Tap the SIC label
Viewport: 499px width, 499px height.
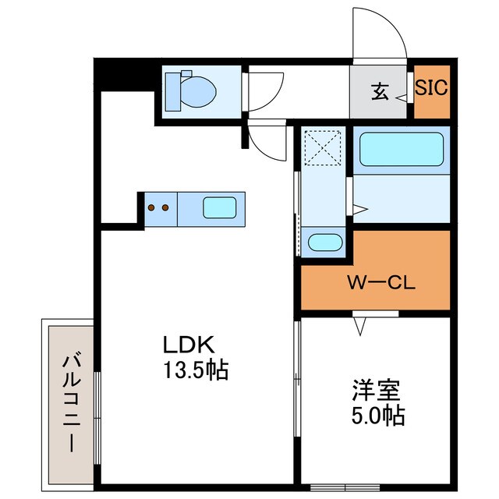click(x=430, y=87)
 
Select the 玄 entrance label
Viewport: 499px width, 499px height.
click(x=380, y=92)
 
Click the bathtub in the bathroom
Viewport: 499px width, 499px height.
click(x=401, y=148)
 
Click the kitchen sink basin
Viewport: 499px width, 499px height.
click(x=220, y=207)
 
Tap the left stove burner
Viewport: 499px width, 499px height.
click(x=153, y=207)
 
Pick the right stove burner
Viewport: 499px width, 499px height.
click(x=165, y=207)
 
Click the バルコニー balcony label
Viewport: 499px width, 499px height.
click(x=71, y=402)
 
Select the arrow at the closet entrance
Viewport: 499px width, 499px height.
click(x=358, y=326)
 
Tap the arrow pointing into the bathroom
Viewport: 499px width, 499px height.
click(x=360, y=208)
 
